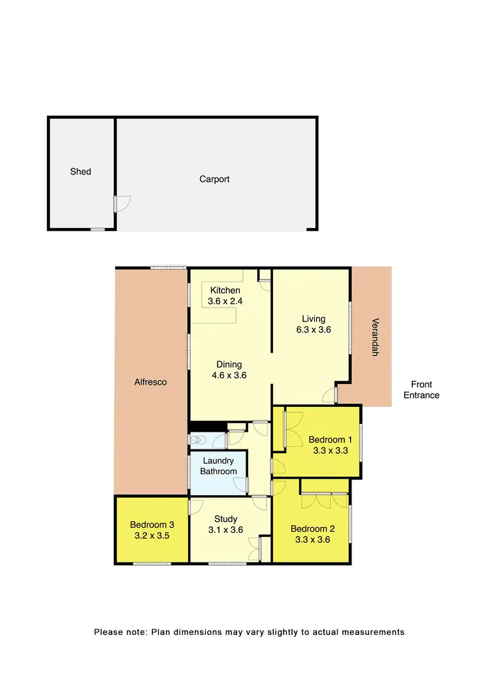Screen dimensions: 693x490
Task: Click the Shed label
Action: (81, 172)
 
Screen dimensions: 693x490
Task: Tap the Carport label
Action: (214, 179)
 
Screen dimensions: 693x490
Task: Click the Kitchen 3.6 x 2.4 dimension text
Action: (225, 301)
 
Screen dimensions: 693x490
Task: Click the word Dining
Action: (229, 364)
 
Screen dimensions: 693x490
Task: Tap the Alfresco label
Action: (151, 383)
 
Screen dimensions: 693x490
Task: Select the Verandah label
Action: (375, 337)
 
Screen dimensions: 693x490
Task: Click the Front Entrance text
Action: (421, 390)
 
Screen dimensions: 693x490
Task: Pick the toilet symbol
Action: (199, 439)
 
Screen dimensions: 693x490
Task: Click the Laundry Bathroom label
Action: (218, 466)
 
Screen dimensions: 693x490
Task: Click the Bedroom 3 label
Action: (152, 524)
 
